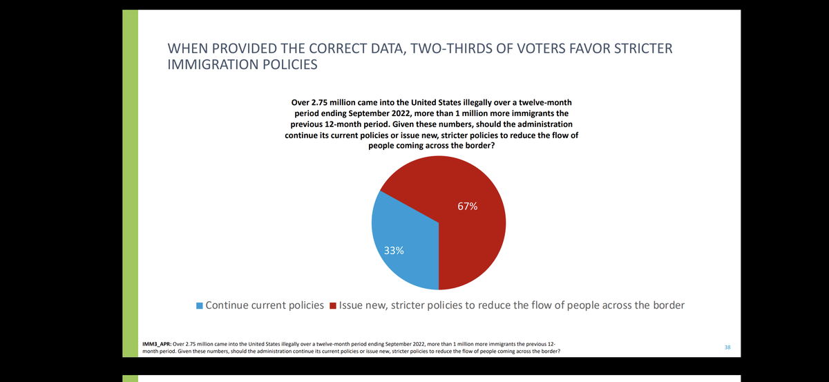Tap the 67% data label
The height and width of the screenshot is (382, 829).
click(x=467, y=207)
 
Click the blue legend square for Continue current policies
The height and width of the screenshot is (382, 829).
click(x=200, y=305)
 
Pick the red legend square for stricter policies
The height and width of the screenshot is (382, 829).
click(x=333, y=305)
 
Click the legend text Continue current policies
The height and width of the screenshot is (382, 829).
click(x=265, y=305)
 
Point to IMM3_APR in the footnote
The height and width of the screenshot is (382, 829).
click(x=156, y=343)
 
